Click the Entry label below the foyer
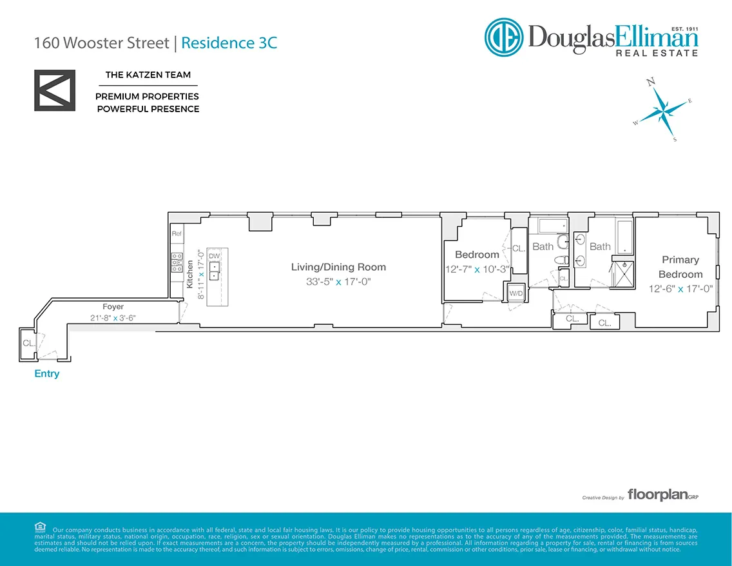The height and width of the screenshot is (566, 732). (46, 374)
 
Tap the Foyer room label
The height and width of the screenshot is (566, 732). (113, 307)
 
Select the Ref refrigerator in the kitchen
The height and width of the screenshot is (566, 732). (177, 233)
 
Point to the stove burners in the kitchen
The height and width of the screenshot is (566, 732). (177, 261)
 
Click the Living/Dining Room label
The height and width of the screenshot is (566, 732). (338, 267)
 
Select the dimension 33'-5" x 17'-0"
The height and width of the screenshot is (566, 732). (338, 282)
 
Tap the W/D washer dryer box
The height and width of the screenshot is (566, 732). (516, 293)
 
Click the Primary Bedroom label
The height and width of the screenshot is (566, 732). (680, 267)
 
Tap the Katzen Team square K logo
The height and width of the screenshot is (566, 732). (55, 90)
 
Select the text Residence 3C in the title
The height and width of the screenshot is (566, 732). (229, 43)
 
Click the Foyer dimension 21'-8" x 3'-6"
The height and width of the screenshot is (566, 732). (113, 317)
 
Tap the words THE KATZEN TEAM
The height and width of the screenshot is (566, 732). (148, 75)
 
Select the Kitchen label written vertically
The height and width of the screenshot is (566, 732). (190, 274)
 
